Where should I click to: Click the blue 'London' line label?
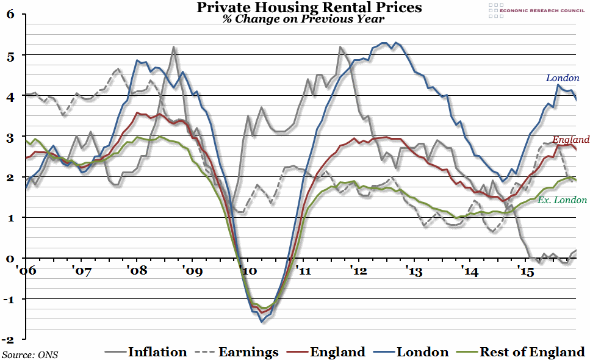(563, 78)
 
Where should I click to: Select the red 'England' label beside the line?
(571, 139)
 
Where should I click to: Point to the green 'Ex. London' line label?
(562, 200)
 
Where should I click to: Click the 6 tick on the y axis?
(10, 15)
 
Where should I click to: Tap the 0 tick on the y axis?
(10, 258)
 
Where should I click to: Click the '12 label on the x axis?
(358, 269)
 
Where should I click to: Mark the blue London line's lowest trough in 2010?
(261, 321)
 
